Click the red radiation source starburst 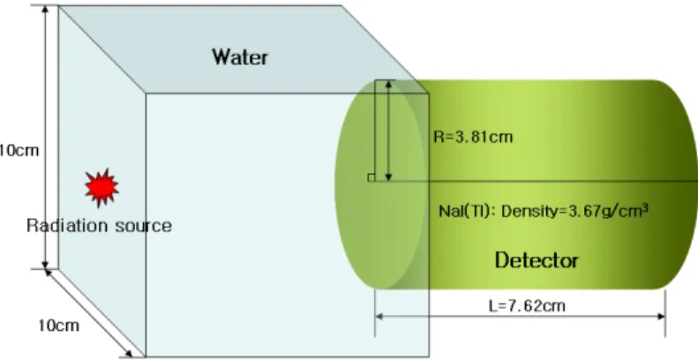click(x=102, y=188)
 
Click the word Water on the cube click(x=240, y=57)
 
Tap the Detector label click(x=537, y=260)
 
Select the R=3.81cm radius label click(x=473, y=137)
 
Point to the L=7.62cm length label click(x=527, y=305)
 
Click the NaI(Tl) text click(x=467, y=211)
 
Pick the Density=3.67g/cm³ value click(x=574, y=210)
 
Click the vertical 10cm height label click(x=19, y=150)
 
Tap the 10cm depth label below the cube click(x=59, y=326)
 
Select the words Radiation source click(x=99, y=226)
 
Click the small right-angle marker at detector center click(x=372, y=177)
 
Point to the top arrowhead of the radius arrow click(x=388, y=84)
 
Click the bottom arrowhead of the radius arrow click(x=388, y=177)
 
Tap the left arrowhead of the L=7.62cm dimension click(x=379, y=317)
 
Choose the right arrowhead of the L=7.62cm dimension click(x=661, y=317)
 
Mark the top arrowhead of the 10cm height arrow click(x=45, y=9)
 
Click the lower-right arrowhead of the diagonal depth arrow click(x=129, y=354)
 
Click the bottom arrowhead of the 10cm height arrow click(x=45, y=266)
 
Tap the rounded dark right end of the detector click(x=677, y=184)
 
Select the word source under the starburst click(x=143, y=226)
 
